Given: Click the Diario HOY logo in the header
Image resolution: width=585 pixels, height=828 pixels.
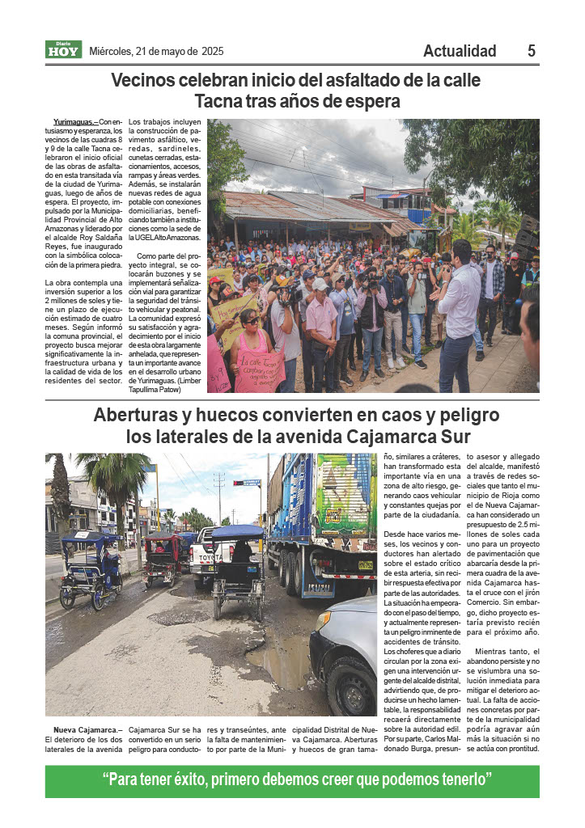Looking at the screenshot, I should pyautogui.click(x=63, y=50).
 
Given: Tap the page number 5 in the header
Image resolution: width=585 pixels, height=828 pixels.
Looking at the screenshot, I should pyautogui.click(x=531, y=51).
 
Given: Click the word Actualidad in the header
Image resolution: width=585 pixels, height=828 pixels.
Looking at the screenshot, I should pyautogui.click(x=460, y=51).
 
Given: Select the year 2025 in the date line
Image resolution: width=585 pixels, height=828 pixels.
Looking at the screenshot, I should pyautogui.click(x=213, y=52).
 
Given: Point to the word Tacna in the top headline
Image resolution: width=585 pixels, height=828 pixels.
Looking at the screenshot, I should pyautogui.click(x=221, y=102).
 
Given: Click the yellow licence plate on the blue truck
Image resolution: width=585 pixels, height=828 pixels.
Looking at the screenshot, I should pyautogui.click(x=366, y=565).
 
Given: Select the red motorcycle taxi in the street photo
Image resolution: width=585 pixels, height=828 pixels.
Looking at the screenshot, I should pyautogui.click(x=161, y=558).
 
